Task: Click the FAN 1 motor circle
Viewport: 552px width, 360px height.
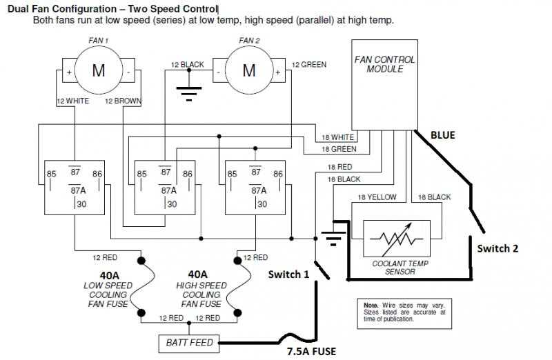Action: coord(98,70)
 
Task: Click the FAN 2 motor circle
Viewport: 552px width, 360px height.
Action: coord(248,70)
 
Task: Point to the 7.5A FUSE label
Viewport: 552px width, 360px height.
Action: coord(311,351)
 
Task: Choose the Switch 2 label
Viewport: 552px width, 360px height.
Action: coord(497,248)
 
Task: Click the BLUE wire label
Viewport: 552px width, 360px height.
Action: coord(442,135)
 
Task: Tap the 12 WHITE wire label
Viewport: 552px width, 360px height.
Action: coord(73,101)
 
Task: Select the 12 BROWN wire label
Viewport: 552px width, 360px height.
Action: coord(123,101)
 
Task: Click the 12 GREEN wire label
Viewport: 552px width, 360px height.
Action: coord(308,65)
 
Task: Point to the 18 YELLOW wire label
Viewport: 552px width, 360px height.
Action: coord(376,197)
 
